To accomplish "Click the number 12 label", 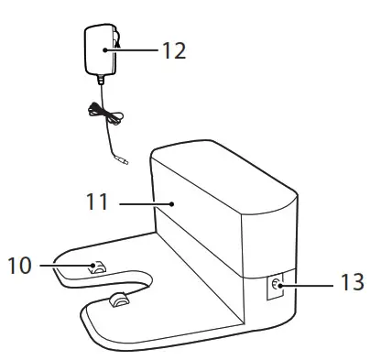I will click(171, 50).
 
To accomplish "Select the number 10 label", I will click(21, 266).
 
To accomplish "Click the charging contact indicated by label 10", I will click(97, 267).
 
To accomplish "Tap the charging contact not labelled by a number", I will click(118, 300).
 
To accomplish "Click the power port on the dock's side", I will click(274, 287).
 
